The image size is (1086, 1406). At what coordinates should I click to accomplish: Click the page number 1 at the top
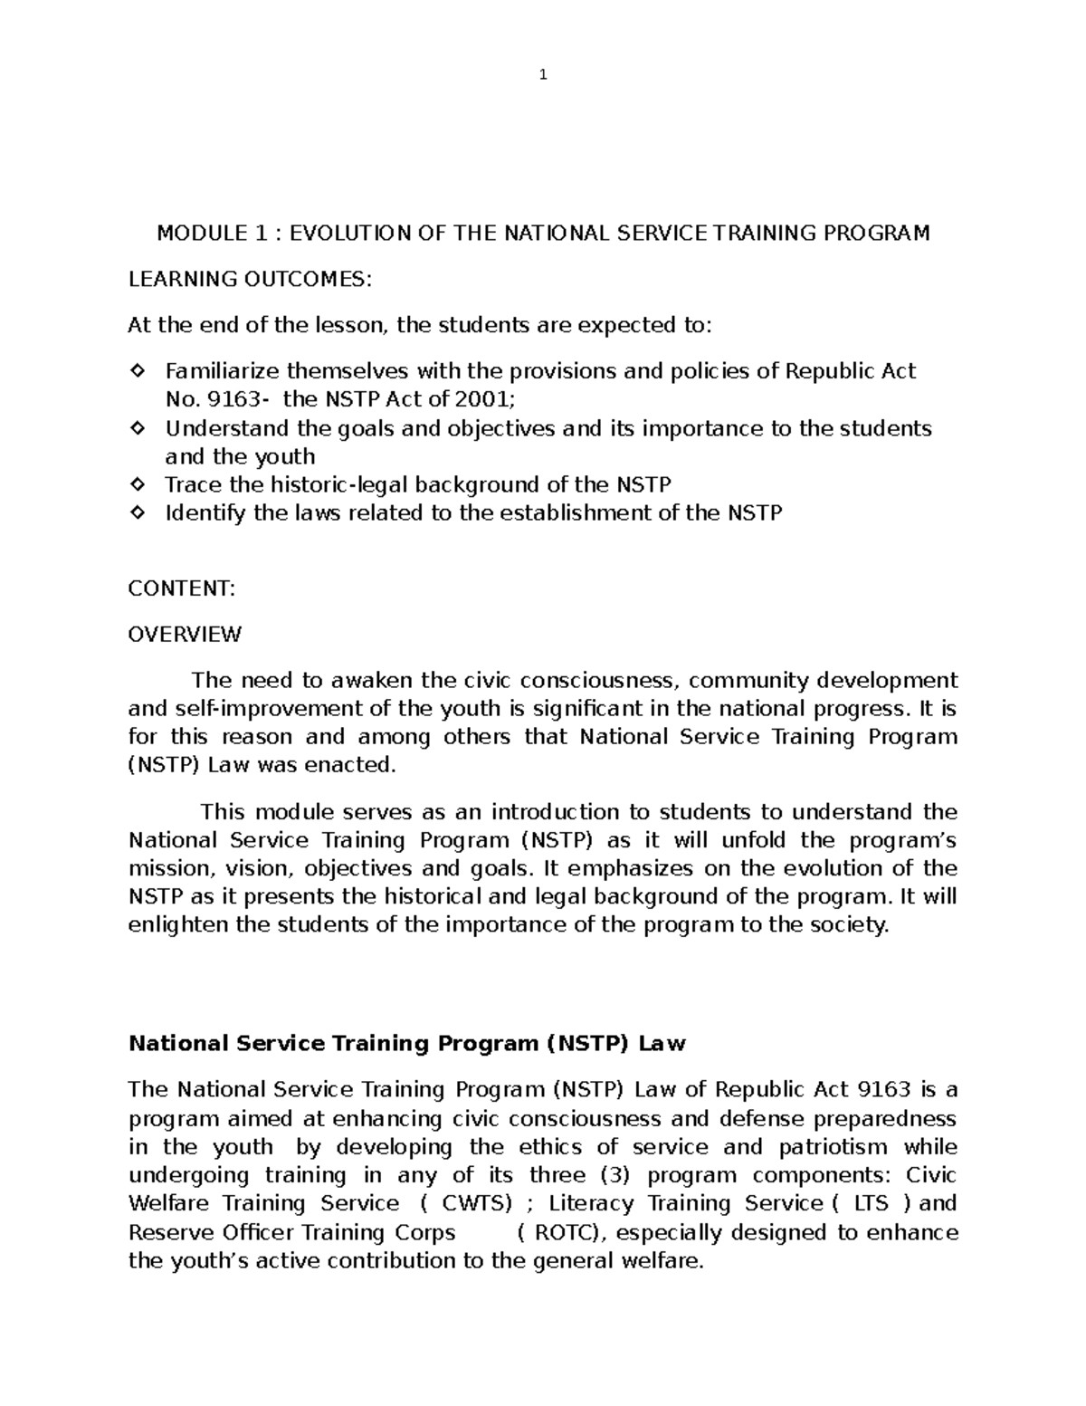[x=542, y=75]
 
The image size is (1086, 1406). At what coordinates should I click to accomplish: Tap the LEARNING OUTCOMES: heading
[x=250, y=280]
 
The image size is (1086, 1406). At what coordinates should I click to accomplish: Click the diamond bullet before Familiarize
[x=138, y=371]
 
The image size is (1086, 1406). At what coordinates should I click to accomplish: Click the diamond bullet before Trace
[x=138, y=485]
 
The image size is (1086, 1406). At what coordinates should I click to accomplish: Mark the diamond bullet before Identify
[x=138, y=513]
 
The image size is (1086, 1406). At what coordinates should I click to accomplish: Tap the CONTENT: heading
[x=182, y=588]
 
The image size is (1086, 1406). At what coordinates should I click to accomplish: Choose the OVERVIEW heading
[x=185, y=634]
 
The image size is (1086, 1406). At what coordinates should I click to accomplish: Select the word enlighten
[x=178, y=925]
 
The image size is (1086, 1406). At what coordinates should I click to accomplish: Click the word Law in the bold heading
[x=662, y=1044]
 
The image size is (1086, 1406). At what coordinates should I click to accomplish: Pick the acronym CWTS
[x=476, y=1204]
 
